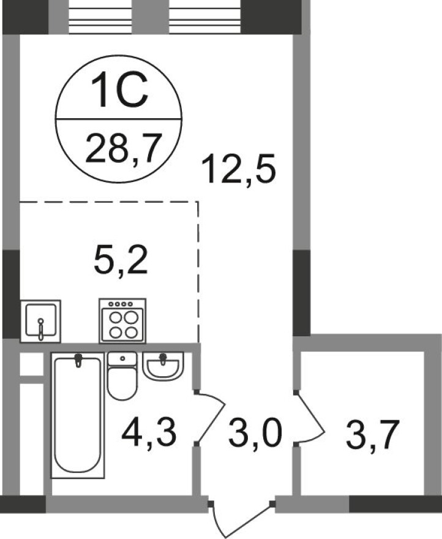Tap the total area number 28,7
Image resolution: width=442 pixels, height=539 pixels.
119,148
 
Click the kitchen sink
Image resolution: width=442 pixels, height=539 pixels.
40,320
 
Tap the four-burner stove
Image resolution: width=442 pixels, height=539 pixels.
122,320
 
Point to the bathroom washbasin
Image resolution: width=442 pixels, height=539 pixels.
162,366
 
